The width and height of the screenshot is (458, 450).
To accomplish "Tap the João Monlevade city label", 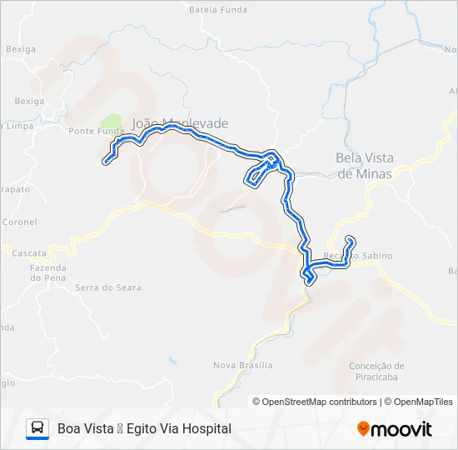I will click(x=180, y=123).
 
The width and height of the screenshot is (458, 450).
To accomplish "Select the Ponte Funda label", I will click(x=96, y=131).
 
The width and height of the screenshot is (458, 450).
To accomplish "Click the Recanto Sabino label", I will click(x=357, y=256).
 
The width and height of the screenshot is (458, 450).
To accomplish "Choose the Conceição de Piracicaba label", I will click(x=376, y=371).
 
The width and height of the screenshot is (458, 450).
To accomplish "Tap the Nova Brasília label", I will click(x=242, y=365).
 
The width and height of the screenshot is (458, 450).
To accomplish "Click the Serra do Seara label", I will click(x=108, y=287).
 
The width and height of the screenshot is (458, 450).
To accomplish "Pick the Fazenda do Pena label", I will click(x=47, y=272).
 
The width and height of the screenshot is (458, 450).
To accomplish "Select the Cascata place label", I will click(x=29, y=252).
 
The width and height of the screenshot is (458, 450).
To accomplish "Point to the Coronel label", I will click(x=20, y=222).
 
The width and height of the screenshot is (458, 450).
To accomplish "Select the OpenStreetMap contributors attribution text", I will click(x=315, y=402).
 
